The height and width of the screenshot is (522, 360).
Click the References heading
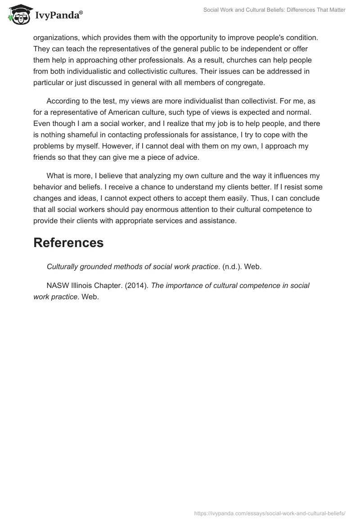(68, 243)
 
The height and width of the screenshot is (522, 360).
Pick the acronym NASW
(58, 286)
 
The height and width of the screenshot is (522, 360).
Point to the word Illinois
(84, 286)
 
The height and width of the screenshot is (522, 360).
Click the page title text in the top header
(274, 10)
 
